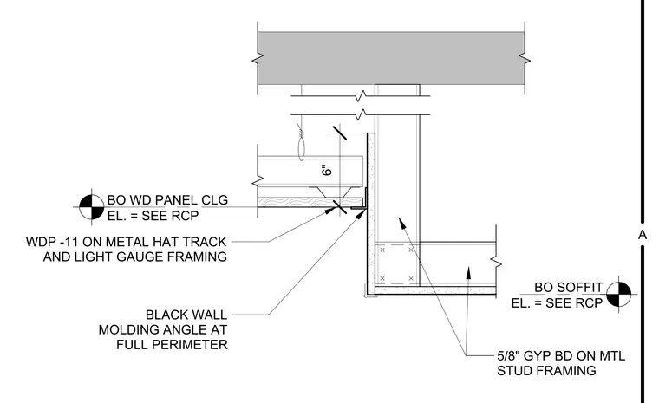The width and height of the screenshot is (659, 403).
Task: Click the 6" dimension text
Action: (x=327, y=169)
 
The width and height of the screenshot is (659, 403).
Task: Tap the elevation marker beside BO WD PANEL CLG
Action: (x=92, y=207)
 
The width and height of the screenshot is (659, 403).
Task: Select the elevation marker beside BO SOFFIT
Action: (x=619, y=294)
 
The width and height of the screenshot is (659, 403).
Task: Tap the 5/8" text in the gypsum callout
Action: (x=508, y=356)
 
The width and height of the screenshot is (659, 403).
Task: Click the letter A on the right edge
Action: (x=643, y=235)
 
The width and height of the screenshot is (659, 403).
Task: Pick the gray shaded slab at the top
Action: (x=391, y=58)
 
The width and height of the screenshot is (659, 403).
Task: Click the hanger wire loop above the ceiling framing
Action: (x=302, y=148)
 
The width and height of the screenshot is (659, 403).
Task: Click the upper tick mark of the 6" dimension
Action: (x=340, y=133)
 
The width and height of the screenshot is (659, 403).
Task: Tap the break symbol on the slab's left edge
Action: (x=258, y=59)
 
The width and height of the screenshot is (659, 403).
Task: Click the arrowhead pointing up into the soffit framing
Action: (x=468, y=272)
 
